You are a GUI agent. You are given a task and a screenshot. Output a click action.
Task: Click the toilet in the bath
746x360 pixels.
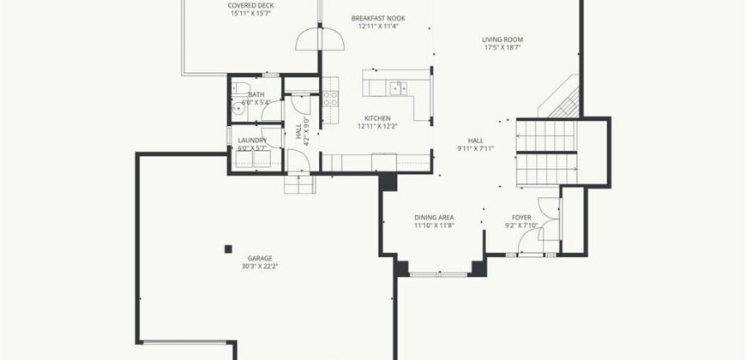pos(241,88)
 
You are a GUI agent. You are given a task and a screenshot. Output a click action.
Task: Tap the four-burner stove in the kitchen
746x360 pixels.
pos(331,99)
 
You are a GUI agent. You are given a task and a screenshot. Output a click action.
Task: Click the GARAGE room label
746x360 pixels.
pos(260,259)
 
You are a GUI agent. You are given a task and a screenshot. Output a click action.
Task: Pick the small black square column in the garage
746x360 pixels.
pos(228,249)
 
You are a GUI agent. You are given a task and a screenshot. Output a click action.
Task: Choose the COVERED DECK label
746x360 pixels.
pos(250,6)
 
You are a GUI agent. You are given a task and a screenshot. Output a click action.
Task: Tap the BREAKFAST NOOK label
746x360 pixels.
pos(378,19)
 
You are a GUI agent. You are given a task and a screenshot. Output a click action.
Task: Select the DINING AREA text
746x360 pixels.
pos(434,218)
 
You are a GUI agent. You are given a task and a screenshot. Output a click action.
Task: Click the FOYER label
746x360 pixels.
pos(521,218)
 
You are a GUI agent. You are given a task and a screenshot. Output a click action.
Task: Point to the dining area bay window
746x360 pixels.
pos(439,274)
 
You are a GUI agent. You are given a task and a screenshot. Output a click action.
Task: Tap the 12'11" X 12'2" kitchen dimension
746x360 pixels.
pos(378,127)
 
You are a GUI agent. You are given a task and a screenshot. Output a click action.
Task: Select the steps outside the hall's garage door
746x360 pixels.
pos(300,184)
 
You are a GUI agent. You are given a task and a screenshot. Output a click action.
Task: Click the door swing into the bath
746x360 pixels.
pos(272,111)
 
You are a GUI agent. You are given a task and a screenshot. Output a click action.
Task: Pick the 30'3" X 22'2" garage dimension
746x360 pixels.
pos(260,267)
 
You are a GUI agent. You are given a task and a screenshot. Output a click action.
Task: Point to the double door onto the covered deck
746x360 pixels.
pos(320,39)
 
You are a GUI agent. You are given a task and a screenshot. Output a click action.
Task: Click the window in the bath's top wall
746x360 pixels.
pos(271,75)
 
